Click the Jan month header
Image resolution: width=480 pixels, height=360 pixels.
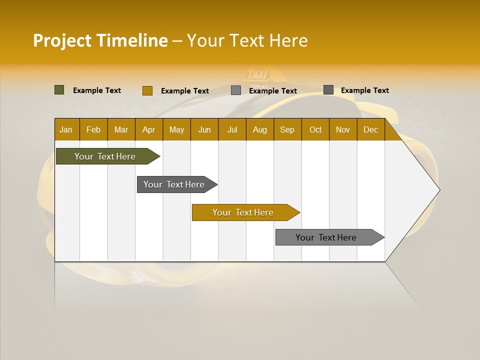66,129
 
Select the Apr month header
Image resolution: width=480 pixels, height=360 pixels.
149,129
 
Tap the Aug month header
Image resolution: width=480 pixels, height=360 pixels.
260,129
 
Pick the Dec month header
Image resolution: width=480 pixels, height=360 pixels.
370,129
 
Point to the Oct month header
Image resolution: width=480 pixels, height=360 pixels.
315,129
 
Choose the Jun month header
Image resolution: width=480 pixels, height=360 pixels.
204,129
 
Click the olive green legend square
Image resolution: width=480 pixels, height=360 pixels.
59,90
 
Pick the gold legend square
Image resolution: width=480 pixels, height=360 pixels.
147,90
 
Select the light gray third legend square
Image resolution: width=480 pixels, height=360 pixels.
236,90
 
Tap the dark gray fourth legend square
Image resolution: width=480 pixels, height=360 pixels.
328,90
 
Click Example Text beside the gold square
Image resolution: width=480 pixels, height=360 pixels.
185,91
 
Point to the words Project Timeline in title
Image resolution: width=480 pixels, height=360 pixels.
100,40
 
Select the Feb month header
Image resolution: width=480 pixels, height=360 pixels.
93,129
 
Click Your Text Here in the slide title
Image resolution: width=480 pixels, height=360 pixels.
247,40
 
